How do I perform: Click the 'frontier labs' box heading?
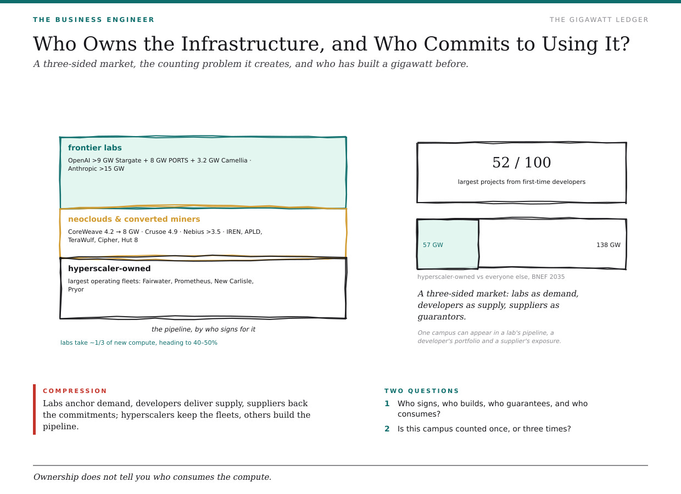click(x=95, y=148)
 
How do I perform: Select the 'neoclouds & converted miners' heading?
click(x=134, y=219)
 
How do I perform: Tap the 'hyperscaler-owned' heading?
click(x=109, y=268)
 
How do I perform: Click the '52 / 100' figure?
click(x=521, y=162)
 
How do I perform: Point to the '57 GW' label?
click(x=433, y=245)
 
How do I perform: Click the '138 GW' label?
click(x=609, y=245)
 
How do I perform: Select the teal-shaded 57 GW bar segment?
click(x=448, y=244)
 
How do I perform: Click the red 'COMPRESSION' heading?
click(x=75, y=391)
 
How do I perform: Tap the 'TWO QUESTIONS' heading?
click(x=421, y=391)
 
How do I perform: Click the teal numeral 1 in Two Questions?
click(x=387, y=403)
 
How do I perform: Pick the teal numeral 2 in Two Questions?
click(x=387, y=429)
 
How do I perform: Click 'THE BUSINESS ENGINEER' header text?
click(x=93, y=20)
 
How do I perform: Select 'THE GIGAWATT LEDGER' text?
click(x=599, y=20)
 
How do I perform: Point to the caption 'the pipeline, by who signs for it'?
click(x=203, y=329)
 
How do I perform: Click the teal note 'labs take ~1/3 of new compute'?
click(x=139, y=343)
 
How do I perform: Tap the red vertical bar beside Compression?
click(x=35, y=409)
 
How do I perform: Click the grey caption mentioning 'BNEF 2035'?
click(x=491, y=277)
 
